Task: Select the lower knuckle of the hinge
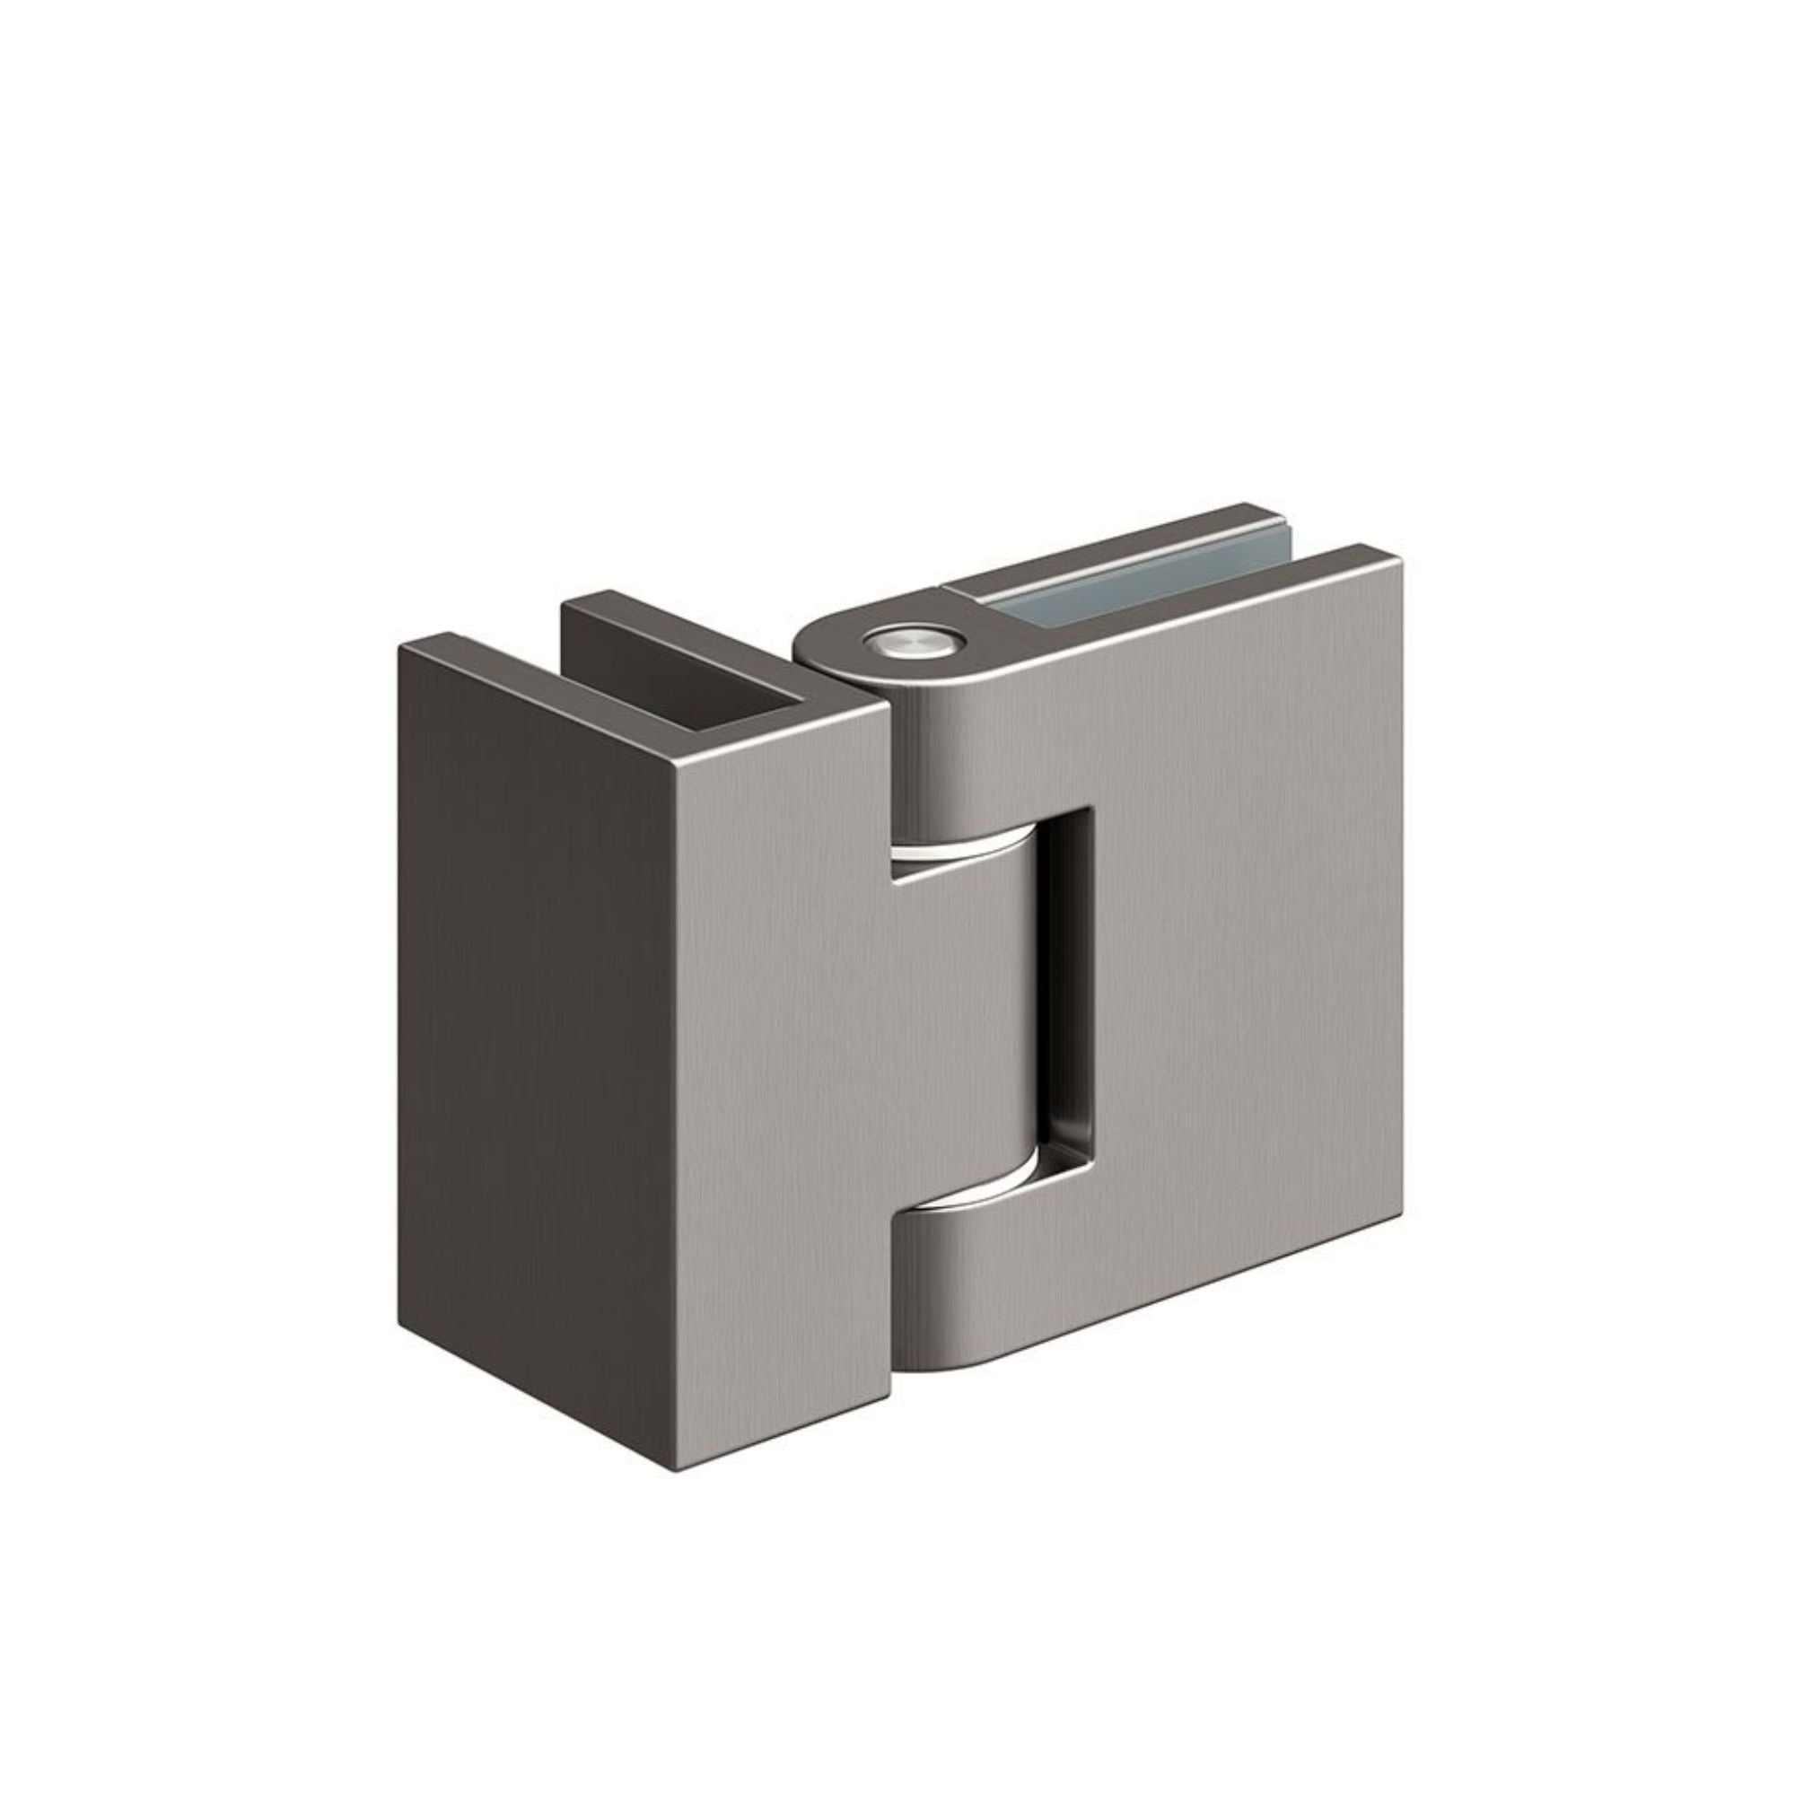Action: click(x=967, y=1273)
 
